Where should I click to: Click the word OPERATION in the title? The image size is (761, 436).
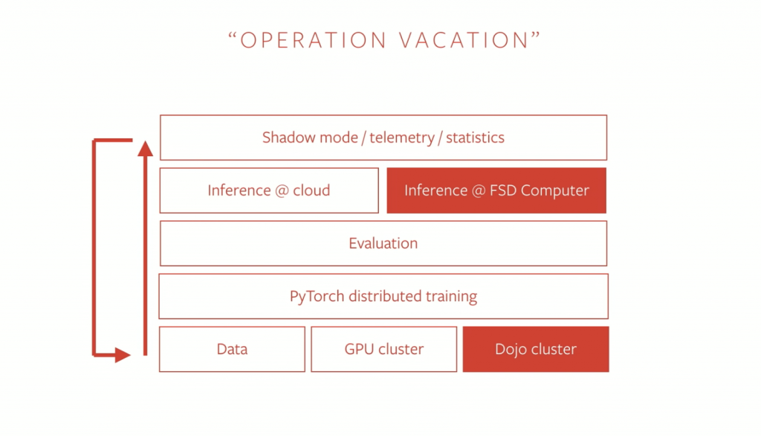click(313, 40)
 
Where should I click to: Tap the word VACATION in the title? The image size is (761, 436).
click(464, 40)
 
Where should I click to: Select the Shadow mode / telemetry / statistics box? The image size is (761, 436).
click(383, 138)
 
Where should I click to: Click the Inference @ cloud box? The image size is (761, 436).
click(269, 190)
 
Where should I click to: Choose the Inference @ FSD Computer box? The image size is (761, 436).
click(496, 190)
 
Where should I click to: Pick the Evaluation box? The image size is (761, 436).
click(383, 243)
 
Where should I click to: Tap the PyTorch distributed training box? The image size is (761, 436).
click(383, 297)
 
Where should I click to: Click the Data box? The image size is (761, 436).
click(232, 350)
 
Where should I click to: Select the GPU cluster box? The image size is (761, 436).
click(384, 350)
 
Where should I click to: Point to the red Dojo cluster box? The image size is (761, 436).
click(536, 350)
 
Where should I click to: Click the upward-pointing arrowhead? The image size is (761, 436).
click(145, 148)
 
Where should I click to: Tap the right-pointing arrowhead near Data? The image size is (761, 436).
click(123, 355)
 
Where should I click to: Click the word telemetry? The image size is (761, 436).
click(402, 138)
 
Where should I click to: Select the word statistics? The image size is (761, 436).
click(475, 138)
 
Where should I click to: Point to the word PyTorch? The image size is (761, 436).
click(317, 297)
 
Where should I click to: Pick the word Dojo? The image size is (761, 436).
click(511, 350)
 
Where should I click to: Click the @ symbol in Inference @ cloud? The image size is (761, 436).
click(282, 190)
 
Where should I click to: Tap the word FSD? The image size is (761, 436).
click(503, 190)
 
